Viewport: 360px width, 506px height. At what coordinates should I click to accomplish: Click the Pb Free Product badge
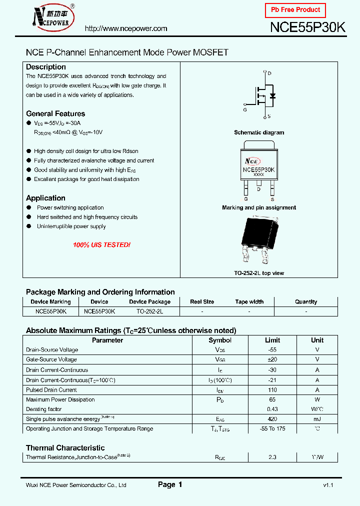coord(295,10)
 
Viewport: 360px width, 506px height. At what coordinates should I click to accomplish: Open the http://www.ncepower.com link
coord(126,28)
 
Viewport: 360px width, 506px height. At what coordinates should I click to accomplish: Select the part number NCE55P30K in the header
coord(307,28)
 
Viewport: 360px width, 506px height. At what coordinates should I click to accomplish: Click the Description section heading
coord(46,67)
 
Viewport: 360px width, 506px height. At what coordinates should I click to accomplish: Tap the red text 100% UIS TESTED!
coord(101,245)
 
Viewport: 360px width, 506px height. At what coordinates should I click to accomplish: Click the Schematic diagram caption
coord(259,132)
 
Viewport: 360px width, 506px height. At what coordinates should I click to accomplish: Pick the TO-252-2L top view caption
coord(259,273)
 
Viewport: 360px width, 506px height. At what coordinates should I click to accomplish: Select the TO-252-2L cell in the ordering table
coord(150,311)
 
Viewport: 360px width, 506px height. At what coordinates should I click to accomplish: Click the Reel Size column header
coord(202,302)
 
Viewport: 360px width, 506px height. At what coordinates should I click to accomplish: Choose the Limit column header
coord(272,340)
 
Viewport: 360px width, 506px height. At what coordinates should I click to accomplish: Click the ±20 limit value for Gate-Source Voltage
coord(272,359)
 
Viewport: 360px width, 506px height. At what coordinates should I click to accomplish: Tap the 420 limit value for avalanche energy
coord(272,419)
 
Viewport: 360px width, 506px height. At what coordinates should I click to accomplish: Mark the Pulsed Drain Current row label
coord(51,389)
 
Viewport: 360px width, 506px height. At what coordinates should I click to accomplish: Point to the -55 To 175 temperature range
coord(272,429)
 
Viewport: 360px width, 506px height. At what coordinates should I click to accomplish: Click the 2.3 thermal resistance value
coord(272,457)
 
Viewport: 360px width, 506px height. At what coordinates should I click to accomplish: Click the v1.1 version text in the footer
coord(327,485)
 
